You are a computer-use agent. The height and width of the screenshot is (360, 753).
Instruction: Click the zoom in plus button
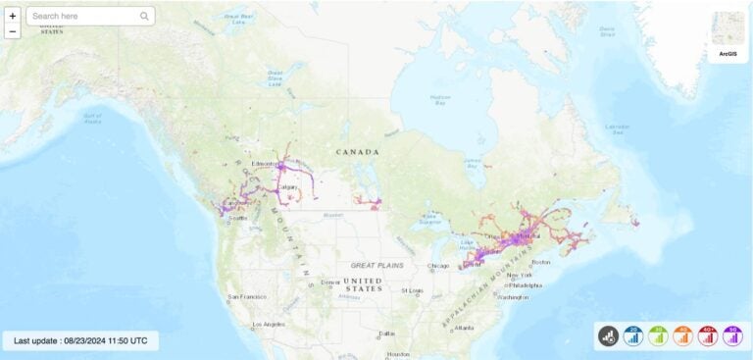pos(13,16)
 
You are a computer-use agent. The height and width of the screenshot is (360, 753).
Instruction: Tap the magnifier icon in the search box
pos(144,16)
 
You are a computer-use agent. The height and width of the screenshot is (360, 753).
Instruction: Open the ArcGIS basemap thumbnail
pos(728,36)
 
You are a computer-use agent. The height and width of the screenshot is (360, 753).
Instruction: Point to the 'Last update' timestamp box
pos(80,340)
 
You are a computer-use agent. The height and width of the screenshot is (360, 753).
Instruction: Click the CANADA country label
pos(356,152)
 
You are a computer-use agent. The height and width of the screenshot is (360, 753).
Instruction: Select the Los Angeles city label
pos(268,324)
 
